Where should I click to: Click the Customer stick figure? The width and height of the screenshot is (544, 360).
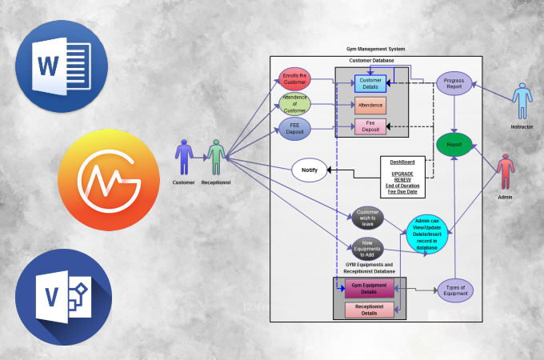point(184,158)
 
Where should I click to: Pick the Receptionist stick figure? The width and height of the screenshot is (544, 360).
point(215,158)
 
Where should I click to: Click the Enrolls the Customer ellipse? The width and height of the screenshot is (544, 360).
point(295,79)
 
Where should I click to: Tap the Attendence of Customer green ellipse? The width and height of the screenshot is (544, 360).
point(295,104)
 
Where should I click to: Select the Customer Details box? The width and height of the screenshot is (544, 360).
point(370,83)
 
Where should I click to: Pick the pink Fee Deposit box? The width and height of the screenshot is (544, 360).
point(370,126)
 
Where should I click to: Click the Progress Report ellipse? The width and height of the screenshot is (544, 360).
point(454,84)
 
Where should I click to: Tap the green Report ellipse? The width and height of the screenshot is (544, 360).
point(454,145)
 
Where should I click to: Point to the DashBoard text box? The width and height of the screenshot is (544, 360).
point(402,176)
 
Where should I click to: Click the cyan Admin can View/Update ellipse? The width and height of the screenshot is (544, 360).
point(427,233)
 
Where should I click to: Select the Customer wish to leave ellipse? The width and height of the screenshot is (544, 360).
point(368,218)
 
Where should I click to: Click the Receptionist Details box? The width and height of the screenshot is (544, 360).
point(369,310)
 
